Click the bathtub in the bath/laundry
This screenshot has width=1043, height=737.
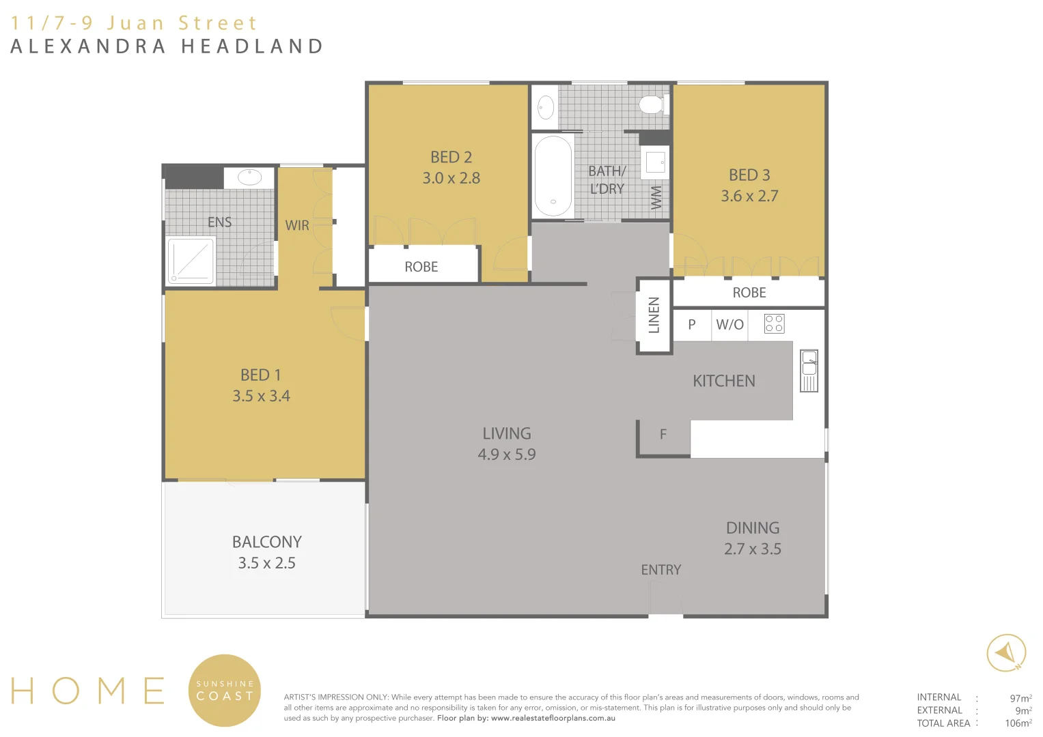click(553, 176)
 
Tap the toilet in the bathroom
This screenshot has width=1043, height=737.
click(652, 105)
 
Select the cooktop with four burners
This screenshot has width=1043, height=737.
click(774, 323)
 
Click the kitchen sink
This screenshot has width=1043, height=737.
click(809, 371)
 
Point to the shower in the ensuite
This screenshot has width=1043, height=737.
click(191, 261)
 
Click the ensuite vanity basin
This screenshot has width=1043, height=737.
click(249, 177)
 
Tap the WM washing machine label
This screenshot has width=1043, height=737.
click(656, 197)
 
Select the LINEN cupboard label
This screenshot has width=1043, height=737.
click(654, 315)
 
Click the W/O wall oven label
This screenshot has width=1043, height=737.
click(729, 325)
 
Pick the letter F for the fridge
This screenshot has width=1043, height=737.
click(663, 434)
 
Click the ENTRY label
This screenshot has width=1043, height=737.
click(660, 570)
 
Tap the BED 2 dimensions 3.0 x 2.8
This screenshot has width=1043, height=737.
click(451, 178)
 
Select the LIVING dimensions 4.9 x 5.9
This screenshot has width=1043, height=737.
click(506, 454)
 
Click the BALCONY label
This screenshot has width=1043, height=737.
click(266, 542)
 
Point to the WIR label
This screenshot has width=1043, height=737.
click(297, 225)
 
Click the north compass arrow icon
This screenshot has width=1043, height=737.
click(1006, 653)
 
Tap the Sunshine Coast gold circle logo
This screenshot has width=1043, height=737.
click(224, 690)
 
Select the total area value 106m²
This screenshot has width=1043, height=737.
click(1018, 723)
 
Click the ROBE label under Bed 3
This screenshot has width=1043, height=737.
click(749, 293)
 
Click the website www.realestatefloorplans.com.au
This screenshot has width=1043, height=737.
click(553, 718)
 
